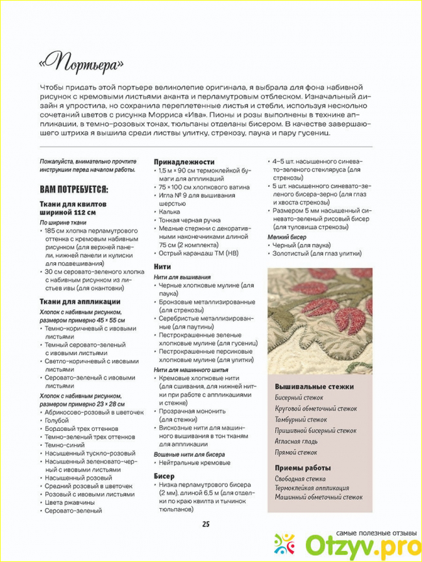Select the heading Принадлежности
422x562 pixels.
point(184,162)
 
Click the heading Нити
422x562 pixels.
point(162,266)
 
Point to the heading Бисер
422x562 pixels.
point(164,476)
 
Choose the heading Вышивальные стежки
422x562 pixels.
point(314,387)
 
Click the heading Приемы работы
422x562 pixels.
point(303,467)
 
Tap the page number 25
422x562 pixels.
point(206,524)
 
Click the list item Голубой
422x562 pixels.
point(56,421)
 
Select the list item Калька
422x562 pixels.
point(171,212)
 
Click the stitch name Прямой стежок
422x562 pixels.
point(296,452)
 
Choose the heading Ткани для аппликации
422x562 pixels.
point(80,302)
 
